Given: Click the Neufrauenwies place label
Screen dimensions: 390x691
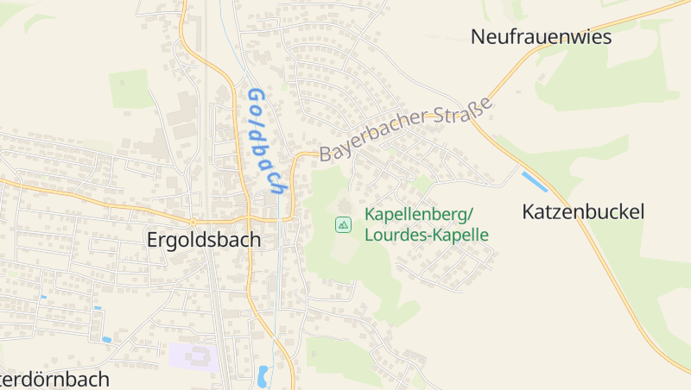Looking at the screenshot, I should [x=541, y=37].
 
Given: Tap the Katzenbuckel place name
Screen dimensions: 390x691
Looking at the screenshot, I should [x=583, y=211].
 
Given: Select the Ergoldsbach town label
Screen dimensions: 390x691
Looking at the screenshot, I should [x=203, y=240].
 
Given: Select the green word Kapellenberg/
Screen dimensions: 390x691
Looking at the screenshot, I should [x=420, y=215].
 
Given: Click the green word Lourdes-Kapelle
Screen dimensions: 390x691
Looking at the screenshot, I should [x=427, y=235].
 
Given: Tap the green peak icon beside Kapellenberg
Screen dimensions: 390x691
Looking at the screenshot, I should [x=343, y=225].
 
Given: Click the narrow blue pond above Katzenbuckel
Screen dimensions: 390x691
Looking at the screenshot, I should [x=535, y=182].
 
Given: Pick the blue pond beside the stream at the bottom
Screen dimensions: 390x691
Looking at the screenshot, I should [x=263, y=374].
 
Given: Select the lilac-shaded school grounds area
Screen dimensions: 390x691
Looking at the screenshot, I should [x=193, y=356].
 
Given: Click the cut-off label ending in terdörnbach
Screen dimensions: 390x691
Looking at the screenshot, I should [x=54, y=379].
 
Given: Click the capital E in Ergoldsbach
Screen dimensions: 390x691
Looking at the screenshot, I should [x=153, y=240].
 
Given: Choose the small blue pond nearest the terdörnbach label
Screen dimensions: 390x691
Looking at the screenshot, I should [x=106, y=340].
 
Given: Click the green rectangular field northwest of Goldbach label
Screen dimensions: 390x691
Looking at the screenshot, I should [x=130, y=89].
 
